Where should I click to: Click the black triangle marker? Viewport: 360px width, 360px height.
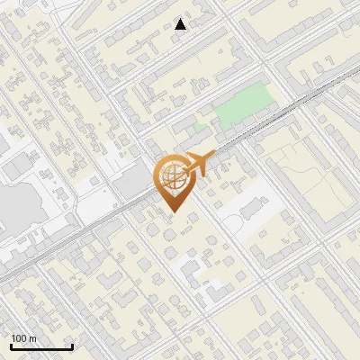click(x=181, y=24)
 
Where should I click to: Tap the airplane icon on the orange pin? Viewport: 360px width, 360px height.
click(x=196, y=165)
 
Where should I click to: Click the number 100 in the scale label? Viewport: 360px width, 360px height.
click(x=19, y=338)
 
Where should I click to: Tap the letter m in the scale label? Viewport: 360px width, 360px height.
click(x=32, y=338)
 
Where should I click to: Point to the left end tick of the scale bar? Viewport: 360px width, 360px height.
click(x=11, y=346)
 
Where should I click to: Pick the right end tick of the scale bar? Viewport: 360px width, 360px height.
click(x=72, y=346)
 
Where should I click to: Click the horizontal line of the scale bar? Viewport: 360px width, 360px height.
click(x=41, y=348)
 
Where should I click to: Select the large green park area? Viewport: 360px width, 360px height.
click(x=243, y=106)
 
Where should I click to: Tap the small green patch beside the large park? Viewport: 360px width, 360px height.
click(x=200, y=127)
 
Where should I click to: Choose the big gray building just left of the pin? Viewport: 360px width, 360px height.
click(x=132, y=184)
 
